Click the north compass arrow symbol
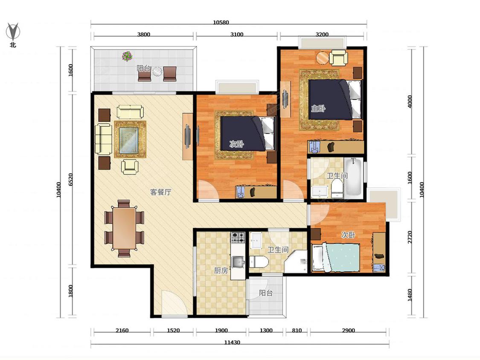click(13, 31)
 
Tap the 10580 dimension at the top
click(221, 22)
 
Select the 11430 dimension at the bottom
click(232, 343)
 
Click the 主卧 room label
click(318, 108)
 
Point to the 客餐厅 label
click(161, 192)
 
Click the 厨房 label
click(221, 270)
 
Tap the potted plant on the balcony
click(127, 56)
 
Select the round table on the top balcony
click(157, 71)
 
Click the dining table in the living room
click(124, 228)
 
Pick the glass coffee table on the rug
click(129, 140)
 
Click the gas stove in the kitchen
click(238, 238)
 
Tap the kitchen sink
click(238, 262)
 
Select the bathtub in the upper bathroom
click(353, 177)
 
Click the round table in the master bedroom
click(323, 58)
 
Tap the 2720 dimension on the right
click(410, 237)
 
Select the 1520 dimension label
click(173, 330)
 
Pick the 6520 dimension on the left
click(71, 180)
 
